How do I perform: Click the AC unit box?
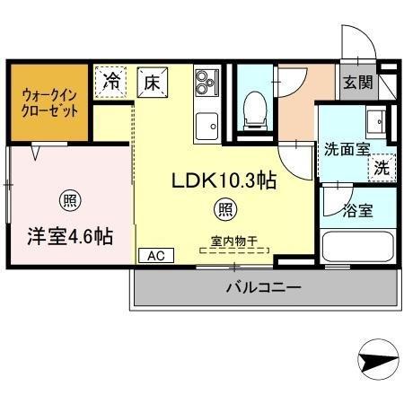point(156,256)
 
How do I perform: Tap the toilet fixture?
point(255,110)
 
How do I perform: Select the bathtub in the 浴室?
point(358,246)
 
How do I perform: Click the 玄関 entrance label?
point(358,82)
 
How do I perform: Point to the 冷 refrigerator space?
point(110,82)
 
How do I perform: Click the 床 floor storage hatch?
point(153,83)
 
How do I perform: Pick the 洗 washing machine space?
point(382,168)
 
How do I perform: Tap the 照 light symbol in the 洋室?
point(70,200)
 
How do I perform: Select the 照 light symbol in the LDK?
point(225,210)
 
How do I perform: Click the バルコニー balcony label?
point(263,288)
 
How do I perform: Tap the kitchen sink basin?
point(206,127)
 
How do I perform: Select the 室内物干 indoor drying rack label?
point(234,242)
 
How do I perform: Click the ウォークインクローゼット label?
point(49,103)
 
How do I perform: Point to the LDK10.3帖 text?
point(224,180)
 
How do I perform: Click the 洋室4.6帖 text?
point(70,236)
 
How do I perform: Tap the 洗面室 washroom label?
point(347,149)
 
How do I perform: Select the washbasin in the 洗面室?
point(376,122)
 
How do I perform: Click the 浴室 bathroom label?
point(358,211)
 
